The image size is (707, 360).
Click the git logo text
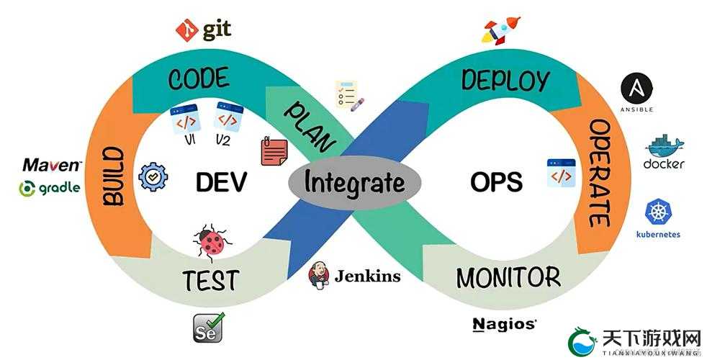(217, 30)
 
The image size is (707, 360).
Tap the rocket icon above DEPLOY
(501, 31)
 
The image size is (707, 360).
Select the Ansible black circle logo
(636, 88)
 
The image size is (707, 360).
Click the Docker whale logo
(665, 145)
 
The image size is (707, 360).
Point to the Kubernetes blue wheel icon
(658, 212)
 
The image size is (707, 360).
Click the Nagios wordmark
(504, 325)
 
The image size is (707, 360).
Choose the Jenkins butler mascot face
(319, 274)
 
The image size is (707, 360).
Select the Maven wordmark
(53, 165)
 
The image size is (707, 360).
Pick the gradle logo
(50, 188)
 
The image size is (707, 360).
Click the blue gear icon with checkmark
(153, 177)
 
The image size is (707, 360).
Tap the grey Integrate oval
(354, 183)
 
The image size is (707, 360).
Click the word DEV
(222, 182)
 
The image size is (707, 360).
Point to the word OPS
(497, 182)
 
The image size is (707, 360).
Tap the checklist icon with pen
(349, 95)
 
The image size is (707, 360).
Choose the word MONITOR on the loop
(508, 277)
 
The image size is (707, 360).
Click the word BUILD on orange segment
(113, 176)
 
